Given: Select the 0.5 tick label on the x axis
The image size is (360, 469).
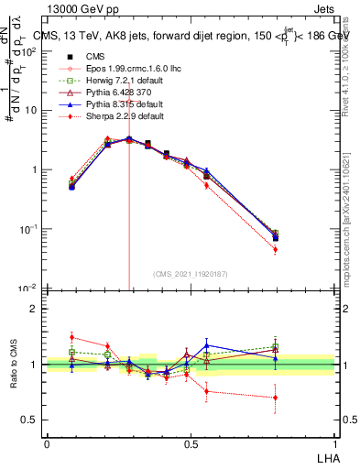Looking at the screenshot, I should pos(191,442).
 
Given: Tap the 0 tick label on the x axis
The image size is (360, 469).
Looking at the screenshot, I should pos(47,442).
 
